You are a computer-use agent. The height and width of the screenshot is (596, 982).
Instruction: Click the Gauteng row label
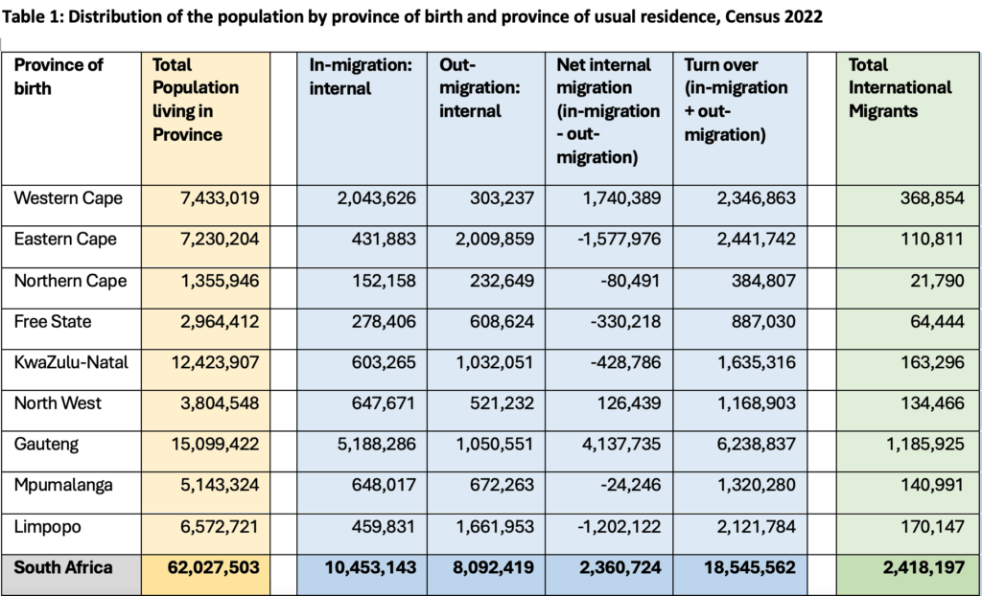point(46,444)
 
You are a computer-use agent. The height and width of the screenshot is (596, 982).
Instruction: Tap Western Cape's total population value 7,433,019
point(220,198)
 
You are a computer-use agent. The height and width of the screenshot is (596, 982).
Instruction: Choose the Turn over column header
point(736,100)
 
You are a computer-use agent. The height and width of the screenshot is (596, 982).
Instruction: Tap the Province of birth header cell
point(59,77)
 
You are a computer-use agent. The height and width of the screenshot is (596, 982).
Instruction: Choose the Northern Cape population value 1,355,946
point(220,281)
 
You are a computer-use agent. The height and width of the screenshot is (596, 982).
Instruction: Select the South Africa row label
point(63,567)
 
